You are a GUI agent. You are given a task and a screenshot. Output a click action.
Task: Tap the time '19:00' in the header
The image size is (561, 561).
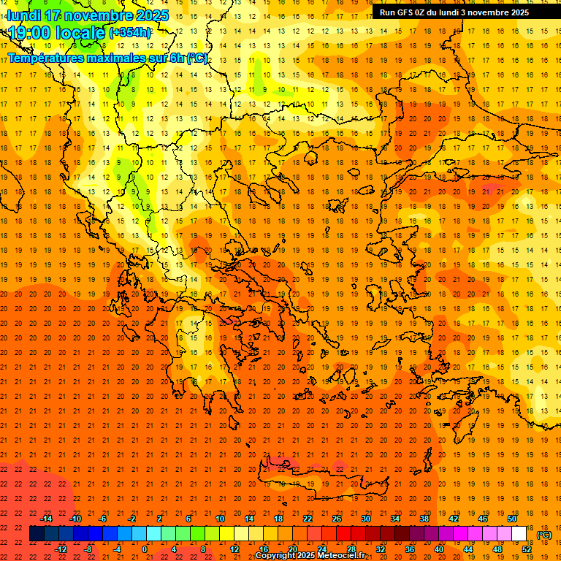click(34, 32)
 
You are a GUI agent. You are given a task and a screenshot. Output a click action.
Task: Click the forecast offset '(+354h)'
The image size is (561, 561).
click(130, 32)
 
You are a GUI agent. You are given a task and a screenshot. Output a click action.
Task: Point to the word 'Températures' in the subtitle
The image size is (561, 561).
click(45, 58)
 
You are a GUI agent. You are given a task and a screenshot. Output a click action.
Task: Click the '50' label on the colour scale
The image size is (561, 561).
click(512, 519)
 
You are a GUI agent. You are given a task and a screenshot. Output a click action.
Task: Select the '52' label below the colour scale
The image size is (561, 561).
click(527, 549)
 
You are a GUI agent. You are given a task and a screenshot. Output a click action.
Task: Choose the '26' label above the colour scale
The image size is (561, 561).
click(337, 519)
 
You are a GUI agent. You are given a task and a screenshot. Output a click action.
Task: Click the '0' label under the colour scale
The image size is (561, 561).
click(145, 549)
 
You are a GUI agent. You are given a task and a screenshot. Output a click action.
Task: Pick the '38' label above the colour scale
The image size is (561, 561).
click(424, 519)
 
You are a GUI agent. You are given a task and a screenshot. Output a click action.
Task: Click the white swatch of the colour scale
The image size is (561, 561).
click(519, 533)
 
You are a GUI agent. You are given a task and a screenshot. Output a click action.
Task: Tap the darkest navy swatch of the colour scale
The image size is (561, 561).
click(37, 533)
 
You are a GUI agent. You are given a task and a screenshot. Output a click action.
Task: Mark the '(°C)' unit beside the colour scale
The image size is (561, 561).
click(544, 535)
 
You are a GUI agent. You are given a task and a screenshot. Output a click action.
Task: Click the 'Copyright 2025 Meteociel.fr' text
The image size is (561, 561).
click(310, 556)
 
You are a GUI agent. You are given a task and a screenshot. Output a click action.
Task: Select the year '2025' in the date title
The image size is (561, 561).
click(152, 15)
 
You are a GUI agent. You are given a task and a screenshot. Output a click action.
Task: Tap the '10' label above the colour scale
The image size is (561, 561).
click(220, 519)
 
